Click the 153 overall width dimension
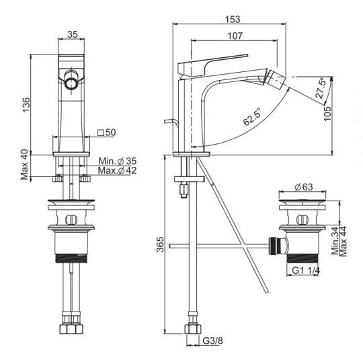click(x=233, y=20)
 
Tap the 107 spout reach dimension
click(x=235, y=36)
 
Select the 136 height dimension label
click(x=26, y=105)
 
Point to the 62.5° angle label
click(x=252, y=116)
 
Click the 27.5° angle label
click(x=320, y=89)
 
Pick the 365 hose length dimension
click(x=161, y=244)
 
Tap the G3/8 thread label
click(x=212, y=340)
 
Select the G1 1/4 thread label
click(x=306, y=271)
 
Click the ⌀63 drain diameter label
click(x=304, y=187)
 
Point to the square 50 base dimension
click(x=107, y=133)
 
